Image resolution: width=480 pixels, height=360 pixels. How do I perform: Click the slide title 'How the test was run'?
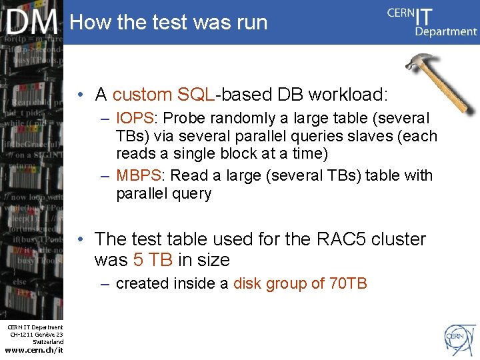coord(168,22)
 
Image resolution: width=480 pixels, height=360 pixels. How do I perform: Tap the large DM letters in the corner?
coord(32,23)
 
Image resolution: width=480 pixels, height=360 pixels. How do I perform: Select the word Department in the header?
coord(445,31)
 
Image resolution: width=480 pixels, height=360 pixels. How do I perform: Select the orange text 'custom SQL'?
coord(163,94)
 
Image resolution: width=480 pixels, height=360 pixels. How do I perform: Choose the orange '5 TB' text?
coord(153,260)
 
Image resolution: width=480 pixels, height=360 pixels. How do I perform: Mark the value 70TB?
coord(348,283)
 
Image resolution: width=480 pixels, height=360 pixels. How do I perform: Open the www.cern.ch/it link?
coord(33,350)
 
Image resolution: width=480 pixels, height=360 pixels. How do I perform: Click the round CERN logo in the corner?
coord(455,336)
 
